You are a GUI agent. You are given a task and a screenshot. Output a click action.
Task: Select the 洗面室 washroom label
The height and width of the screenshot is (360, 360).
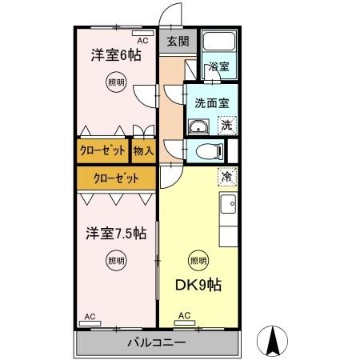tap(211, 102)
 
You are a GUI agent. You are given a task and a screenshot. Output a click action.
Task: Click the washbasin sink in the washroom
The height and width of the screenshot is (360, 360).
tap(198, 126)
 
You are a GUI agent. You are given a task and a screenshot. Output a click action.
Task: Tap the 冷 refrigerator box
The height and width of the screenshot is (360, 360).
tap(227, 177)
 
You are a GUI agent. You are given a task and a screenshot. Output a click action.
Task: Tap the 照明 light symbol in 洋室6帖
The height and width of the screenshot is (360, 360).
tap(116, 82)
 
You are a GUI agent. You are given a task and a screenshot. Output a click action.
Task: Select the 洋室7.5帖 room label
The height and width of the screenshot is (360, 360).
tap(116, 234)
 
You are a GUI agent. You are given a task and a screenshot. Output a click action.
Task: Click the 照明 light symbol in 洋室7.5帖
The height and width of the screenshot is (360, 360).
tap(116, 259)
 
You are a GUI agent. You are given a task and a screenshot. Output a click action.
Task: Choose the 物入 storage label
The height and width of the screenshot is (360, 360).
tap(143, 150)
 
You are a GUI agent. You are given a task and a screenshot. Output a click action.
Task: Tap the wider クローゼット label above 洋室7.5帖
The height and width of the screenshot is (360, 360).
tap(115, 178)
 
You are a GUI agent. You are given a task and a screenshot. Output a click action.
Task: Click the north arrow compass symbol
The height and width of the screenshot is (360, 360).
tap(273, 342)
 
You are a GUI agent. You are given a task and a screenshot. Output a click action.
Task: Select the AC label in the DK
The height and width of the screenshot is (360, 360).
tap(185, 315)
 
